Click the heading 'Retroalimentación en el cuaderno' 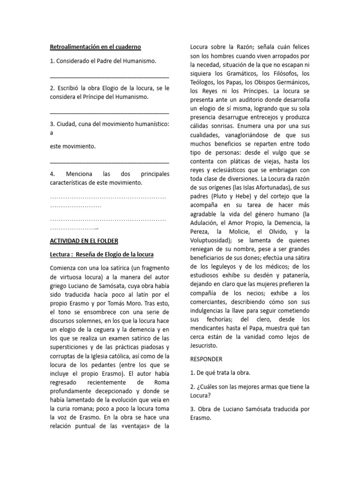(96, 47)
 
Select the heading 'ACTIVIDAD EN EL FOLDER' (84, 241)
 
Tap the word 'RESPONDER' (206, 359)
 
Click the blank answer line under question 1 (109, 75)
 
